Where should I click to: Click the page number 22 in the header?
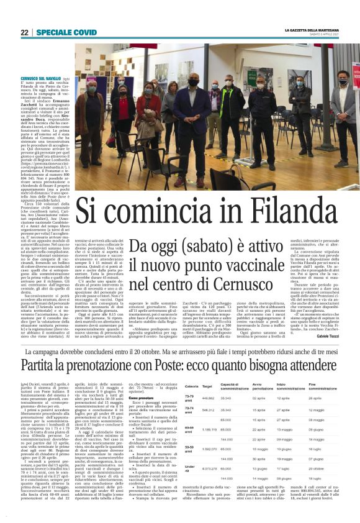coord(24,32)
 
